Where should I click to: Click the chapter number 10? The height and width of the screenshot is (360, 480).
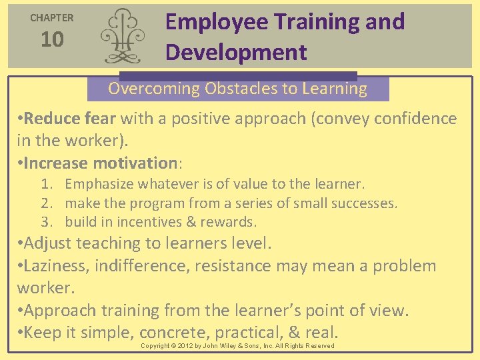pyautogui.click(x=52, y=40)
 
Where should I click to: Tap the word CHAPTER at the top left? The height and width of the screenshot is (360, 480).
pyautogui.click(x=52, y=18)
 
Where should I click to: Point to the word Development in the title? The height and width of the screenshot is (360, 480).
pyautogui.click(x=236, y=52)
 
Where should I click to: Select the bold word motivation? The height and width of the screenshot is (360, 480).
pyautogui.click(x=135, y=163)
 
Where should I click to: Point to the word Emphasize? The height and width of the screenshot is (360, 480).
pyautogui.click(x=97, y=184)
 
